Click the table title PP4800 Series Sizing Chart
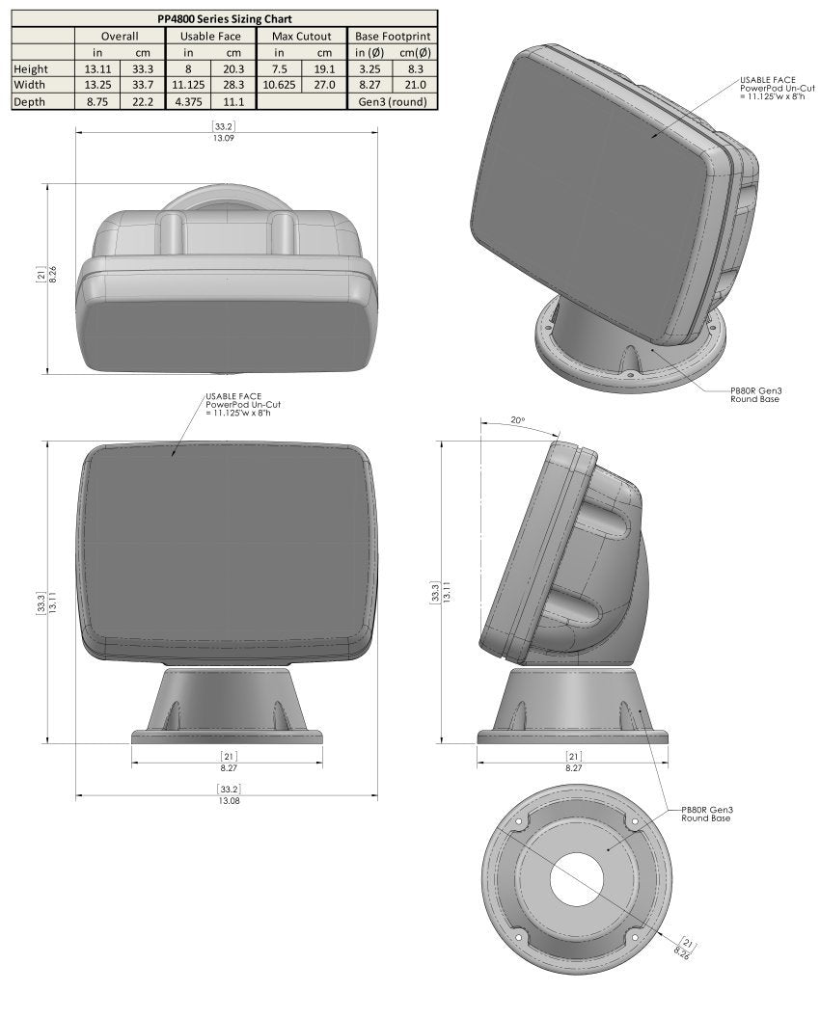(224, 18)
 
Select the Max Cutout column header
(301, 36)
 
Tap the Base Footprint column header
(392, 36)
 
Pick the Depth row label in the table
(29, 101)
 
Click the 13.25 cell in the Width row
(97, 85)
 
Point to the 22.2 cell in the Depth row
(143, 101)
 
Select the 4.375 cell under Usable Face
(188, 101)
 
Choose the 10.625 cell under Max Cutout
(279, 85)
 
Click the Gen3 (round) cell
(392, 101)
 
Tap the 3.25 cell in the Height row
(369, 68)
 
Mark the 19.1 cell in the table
(324, 68)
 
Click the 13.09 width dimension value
(224, 138)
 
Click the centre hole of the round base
(578, 879)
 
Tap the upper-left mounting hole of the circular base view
(518, 822)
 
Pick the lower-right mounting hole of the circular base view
(634, 937)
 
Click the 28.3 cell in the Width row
(233, 85)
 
